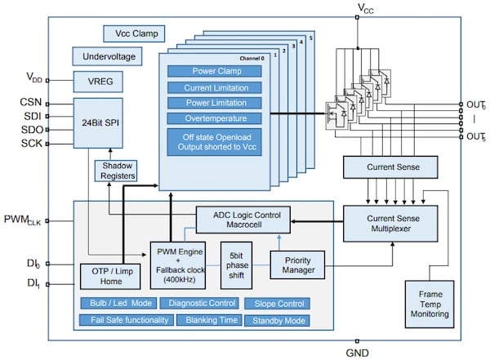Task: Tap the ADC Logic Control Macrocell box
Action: (243, 220)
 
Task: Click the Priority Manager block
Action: (297, 264)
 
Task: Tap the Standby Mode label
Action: (278, 320)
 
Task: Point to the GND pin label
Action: (358, 353)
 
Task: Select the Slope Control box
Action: (278, 304)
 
